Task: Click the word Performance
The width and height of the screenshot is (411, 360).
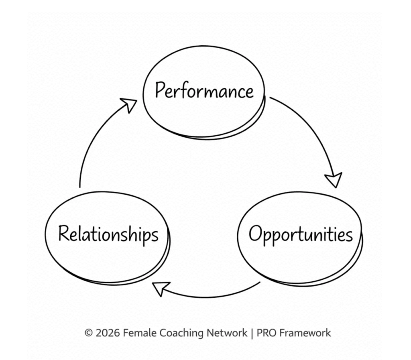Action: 204,91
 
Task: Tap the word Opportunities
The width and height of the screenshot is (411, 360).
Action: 301,234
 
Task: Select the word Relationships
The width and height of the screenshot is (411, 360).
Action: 108,234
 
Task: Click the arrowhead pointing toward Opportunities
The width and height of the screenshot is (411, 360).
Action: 334,180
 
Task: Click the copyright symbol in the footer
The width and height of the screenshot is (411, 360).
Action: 88,333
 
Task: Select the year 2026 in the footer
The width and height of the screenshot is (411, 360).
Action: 108,333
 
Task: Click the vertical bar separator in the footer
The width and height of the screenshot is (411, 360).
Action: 252,333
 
